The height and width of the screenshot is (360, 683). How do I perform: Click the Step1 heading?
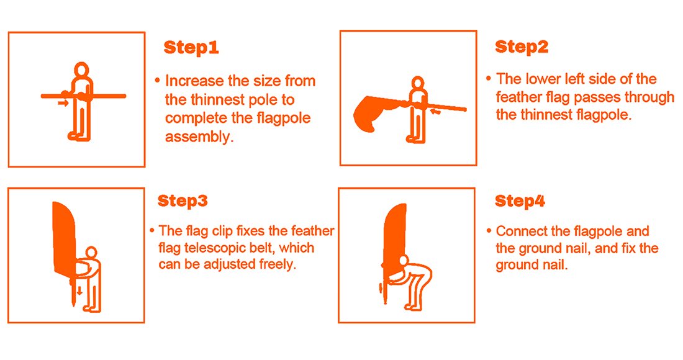(x=191, y=47)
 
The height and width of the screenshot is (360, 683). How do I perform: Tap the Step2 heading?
(x=522, y=47)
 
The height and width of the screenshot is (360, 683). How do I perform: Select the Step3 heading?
(x=183, y=201)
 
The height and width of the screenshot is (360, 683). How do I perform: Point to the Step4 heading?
(x=520, y=201)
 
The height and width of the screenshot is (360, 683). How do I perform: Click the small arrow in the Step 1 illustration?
(x=63, y=103)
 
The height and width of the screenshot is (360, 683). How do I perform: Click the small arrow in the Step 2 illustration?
(x=435, y=112)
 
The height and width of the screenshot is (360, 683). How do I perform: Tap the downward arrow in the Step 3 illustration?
(x=79, y=290)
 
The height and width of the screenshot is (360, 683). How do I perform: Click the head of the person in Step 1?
(x=81, y=71)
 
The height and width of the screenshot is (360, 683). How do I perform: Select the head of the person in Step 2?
(x=418, y=84)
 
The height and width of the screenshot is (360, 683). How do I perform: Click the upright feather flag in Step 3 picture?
(x=64, y=237)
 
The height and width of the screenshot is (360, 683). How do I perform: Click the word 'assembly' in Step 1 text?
(x=199, y=137)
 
